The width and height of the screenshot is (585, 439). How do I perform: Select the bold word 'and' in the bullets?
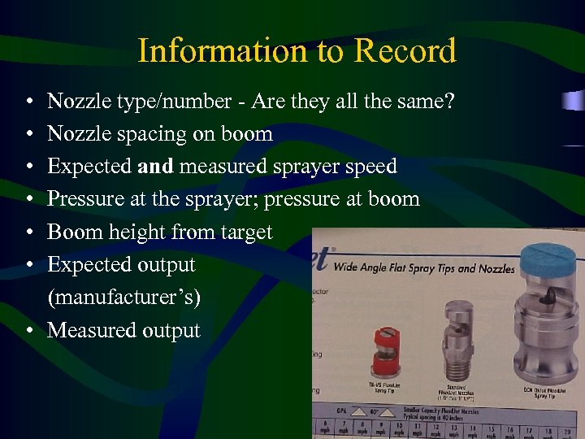(155, 167)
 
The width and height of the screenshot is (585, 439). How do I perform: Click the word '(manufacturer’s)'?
(124, 298)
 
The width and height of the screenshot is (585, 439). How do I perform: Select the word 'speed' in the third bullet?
(370, 167)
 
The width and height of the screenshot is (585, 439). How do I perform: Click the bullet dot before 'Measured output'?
(29, 331)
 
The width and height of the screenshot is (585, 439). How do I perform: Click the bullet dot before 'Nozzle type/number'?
(29, 102)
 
